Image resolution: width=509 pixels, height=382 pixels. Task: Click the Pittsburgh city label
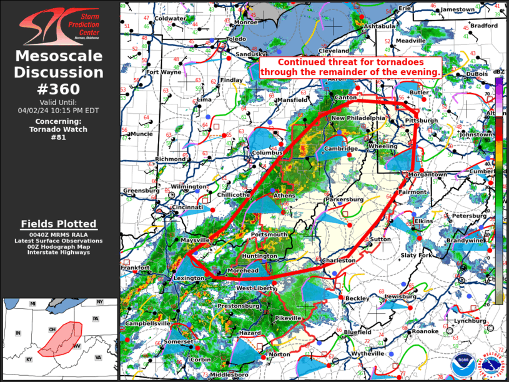pos(421,120)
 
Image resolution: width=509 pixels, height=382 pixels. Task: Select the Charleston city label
pos(340,260)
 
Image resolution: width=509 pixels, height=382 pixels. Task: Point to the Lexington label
pos(189,278)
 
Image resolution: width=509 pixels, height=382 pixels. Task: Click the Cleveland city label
pos(334,51)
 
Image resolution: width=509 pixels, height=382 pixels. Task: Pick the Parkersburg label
pos(343,200)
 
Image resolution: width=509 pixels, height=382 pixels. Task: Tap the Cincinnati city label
pos(189,207)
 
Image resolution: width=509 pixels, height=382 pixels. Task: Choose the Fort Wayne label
pos(164,72)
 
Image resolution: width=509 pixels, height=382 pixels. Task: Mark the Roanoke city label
pos(425,331)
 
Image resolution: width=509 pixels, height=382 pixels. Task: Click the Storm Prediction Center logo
pos(59,26)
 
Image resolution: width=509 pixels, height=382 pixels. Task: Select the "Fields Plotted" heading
pos(59,224)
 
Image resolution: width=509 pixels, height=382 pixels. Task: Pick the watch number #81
pos(59,138)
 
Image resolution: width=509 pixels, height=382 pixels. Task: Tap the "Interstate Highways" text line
pos(59,252)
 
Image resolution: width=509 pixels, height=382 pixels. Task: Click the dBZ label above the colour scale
pos(498,73)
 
